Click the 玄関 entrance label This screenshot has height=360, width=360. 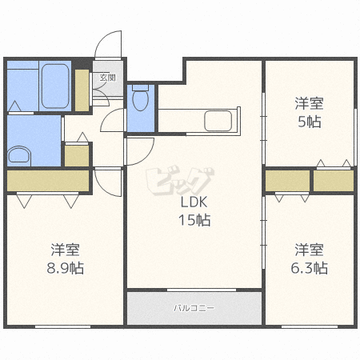pyautogui.click(x=108, y=78)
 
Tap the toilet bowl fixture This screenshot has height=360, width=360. pyautogui.click(x=141, y=98)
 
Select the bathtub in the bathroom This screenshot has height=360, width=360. pyautogui.click(x=55, y=86)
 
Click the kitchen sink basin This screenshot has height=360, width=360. pyautogui.click(x=218, y=121)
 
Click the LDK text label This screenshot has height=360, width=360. pyautogui.click(x=194, y=202)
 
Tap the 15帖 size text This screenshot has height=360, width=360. pyautogui.click(x=194, y=220)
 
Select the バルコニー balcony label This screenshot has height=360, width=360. pyautogui.click(x=194, y=308)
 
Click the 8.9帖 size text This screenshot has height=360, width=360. pyautogui.click(x=66, y=268)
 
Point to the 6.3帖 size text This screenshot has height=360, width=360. pyautogui.click(x=309, y=268)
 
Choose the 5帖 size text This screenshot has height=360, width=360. pyautogui.click(x=310, y=122)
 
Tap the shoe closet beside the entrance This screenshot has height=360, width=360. pyautogui.click(x=82, y=90)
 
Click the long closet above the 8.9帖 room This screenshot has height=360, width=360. pyautogui.click(x=48, y=181)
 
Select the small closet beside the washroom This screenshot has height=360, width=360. pyautogui.click(x=77, y=156)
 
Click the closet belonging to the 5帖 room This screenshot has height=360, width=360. pyautogui.click(x=334, y=181)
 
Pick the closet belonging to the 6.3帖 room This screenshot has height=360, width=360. pyautogui.click(x=287, y=181)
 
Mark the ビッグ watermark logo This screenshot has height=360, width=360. pyautogui.click(x=180, y=182)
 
